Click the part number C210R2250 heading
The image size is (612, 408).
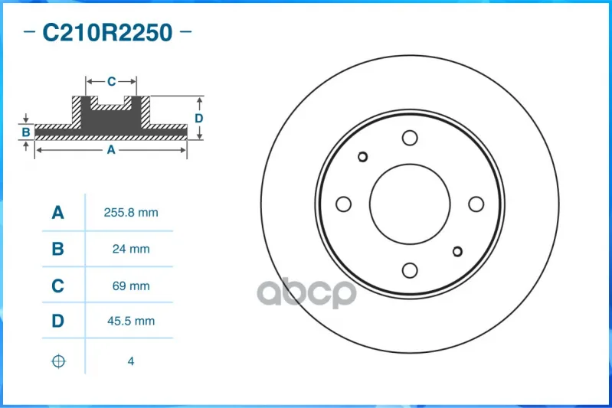click(107, 32)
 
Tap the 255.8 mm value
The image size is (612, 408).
click(131, 213)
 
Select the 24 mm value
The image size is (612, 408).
click(131, 249)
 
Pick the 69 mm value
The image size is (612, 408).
click(131, 286)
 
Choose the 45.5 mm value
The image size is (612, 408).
click(131, 321)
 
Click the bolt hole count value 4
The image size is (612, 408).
click(131, 361)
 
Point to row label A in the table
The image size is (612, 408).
click(57, 213)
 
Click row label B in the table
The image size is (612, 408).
click(57, 249)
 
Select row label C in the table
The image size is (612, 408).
click(57, 286)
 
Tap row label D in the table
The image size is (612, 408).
click(57, 321)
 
